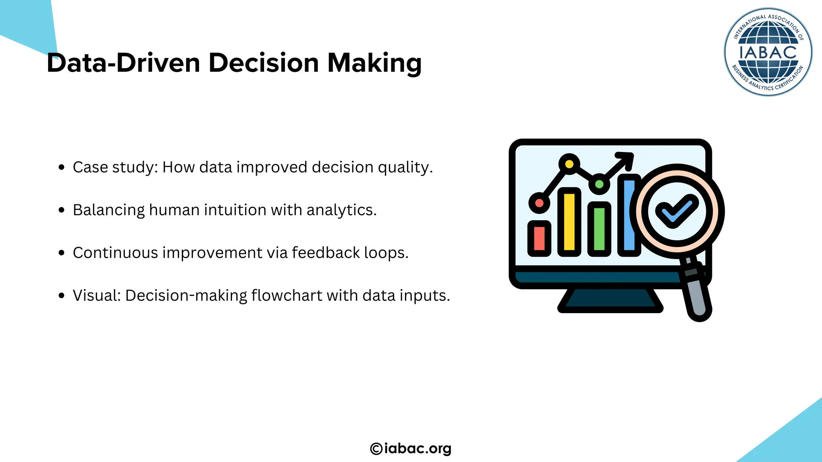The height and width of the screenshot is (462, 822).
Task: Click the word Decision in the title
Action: pyautogui.click(x=263, y=63)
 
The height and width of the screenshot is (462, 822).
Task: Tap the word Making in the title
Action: pyautogui.click(x=374, y=63)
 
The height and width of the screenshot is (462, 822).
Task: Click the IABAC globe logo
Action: pyautogui.click(x=768, y=52)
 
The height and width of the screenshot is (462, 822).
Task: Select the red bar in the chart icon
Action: pyautogui.click(x=539, y=238)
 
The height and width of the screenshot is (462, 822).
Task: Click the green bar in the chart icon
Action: pyautogui.click(x=599, y=229)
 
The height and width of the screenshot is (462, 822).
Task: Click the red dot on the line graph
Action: pyautogui.click(x=539, y=203)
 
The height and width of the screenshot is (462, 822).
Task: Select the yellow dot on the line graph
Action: pyautogui.click(x=569, y=164)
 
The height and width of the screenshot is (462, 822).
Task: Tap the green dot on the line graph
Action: pyautogui.click(x=599, y=184)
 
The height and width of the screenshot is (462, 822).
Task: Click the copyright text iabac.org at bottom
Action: pyautogui.click(x=411, y=448)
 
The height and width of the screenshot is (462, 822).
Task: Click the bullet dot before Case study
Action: pyautogui.click(x=61, y=167)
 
